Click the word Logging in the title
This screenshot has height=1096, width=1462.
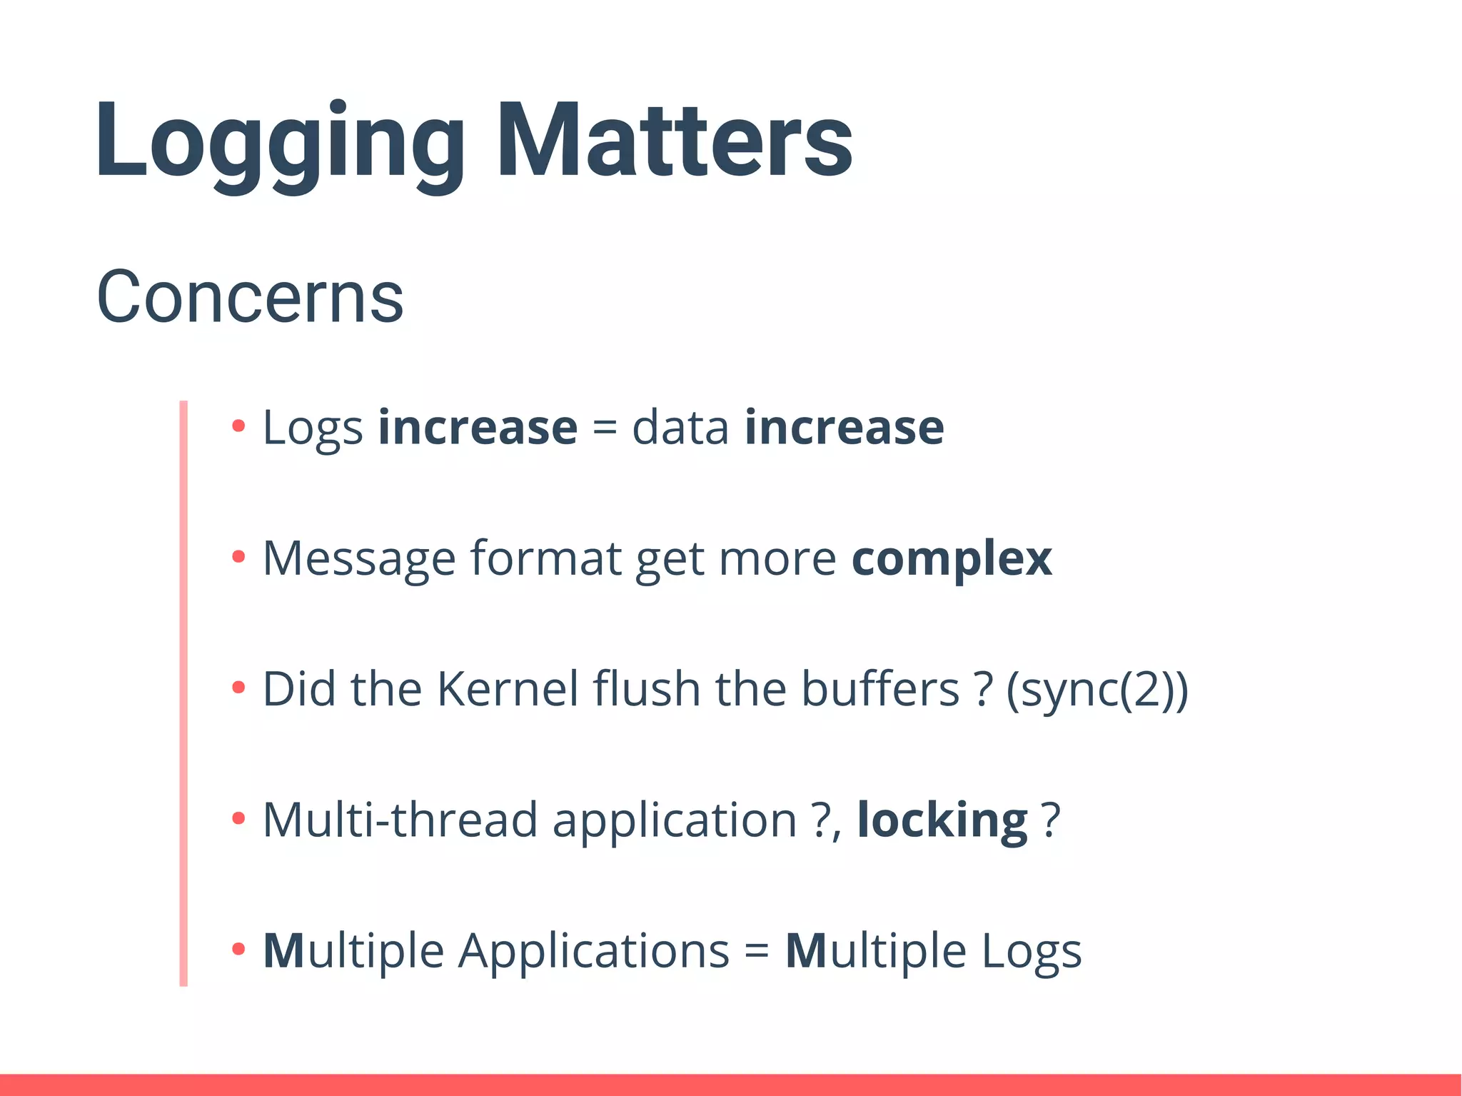pos(278,143)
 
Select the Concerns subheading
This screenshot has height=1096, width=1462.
pos(250,296)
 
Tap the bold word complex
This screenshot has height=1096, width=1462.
pos(952,558)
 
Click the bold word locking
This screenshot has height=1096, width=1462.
pos(942,820)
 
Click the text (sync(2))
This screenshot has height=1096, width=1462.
pos(1097,690)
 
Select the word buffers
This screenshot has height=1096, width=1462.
pos(879,689)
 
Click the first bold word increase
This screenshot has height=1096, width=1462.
pos(478,428)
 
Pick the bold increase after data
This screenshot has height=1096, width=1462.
pos(844,428)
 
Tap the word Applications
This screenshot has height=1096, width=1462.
pos(594,951)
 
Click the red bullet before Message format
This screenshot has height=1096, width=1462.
pos(238,557)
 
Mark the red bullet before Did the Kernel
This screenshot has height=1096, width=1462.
pos(238,688)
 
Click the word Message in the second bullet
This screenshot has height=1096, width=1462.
pos(359,558)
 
